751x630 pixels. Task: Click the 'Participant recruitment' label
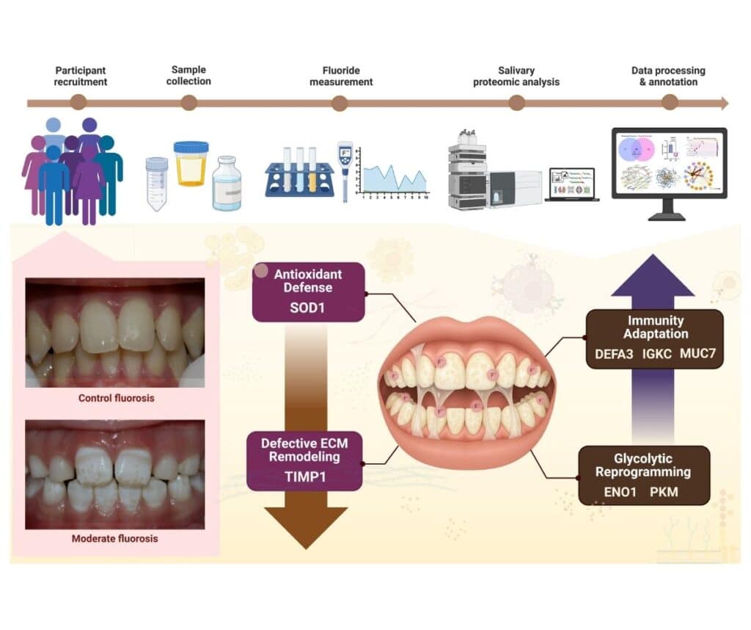(81, 76)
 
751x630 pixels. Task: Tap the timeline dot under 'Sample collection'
(188, 103)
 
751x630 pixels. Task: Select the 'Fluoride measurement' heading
(340, 76)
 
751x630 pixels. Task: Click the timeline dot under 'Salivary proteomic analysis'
(516, 103)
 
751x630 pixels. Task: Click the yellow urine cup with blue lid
(191, 163)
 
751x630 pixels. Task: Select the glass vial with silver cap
(226, 184)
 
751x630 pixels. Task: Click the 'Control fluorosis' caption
(114, 399)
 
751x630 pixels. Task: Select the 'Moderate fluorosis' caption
(114, 538)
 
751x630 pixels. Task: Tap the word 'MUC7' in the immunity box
(697, 354)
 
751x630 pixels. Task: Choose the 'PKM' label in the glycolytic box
(664, 491)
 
